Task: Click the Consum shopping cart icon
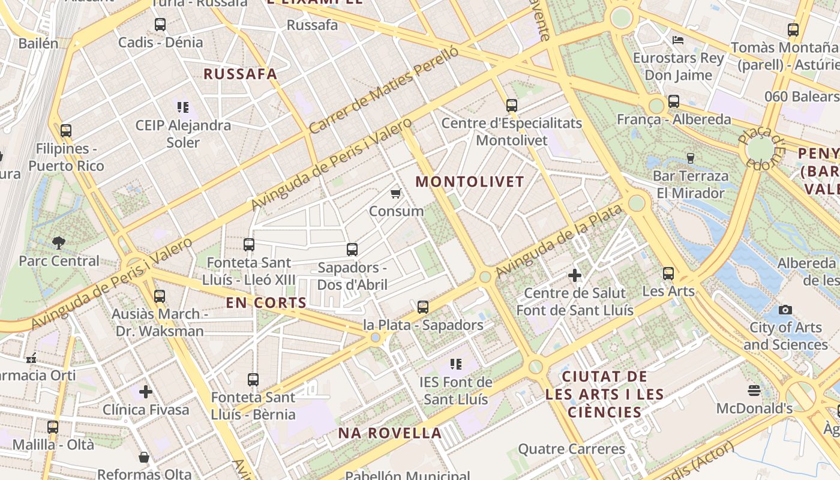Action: tap(395, 193)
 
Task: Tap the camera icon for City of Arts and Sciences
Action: tap(785, 310)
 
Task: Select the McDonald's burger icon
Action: tap(754, 391)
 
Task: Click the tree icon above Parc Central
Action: tap(59, 243)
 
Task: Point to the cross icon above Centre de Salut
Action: tap(575, 275)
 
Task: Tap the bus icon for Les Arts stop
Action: tap(668, 274)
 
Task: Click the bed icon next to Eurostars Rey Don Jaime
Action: tap(678, 40)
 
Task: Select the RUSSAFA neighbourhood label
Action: tap(241, 74)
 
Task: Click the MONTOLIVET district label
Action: tap(470, 181)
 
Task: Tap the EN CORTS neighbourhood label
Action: tap(266, 302)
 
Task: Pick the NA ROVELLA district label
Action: tap(390, 433)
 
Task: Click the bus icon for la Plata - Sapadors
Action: tap(423, 307)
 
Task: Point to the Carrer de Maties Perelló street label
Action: tap(384, 90)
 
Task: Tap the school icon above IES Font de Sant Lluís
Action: tap(456, 364)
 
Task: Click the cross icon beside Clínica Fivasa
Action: tap(145, 392)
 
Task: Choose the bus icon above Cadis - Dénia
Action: tap(160, 25)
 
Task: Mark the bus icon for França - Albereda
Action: tap(674, 101)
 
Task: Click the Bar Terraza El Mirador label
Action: tap(691, 184)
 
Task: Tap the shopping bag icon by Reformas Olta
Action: tap(144, 457)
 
